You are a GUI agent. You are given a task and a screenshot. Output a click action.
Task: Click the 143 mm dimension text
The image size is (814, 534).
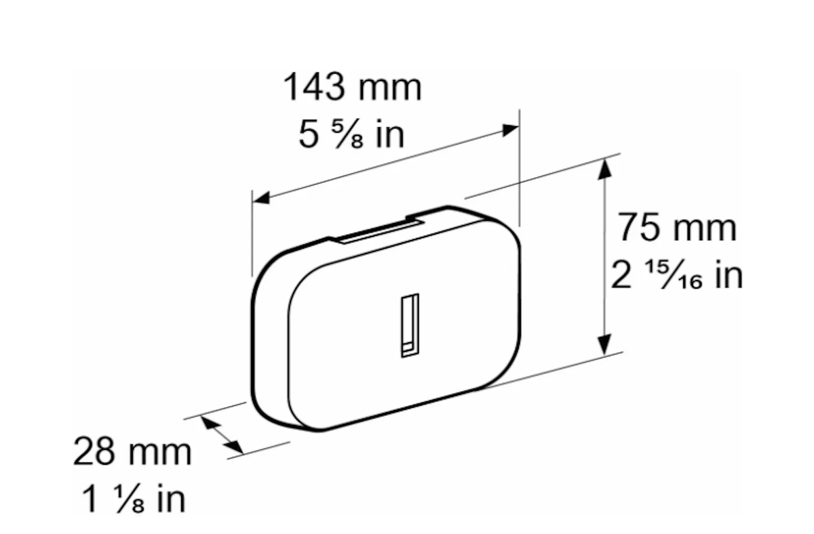tap(352, 87)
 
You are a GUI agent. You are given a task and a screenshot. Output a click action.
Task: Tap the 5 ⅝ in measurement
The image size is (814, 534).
tap(351, 134)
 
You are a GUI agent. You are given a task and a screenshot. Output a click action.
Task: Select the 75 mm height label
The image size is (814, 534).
tap(677, 228)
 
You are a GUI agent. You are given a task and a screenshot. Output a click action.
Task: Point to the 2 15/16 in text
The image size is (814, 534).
tap(677, 275)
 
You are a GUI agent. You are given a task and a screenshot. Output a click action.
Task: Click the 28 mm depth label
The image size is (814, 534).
tap(132, 451)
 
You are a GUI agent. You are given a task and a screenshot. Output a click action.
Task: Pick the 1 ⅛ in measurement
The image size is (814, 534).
tap(134, 499)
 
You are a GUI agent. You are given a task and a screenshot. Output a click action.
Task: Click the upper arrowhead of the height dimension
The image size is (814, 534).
tap(604, 169)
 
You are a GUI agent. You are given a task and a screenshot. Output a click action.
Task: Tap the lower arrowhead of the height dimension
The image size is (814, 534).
tap(604, 345)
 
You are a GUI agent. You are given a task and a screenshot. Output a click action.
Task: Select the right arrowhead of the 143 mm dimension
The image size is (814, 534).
tap(510, 129)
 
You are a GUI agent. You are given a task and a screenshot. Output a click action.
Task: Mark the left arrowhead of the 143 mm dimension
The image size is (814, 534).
tap(261, 198)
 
